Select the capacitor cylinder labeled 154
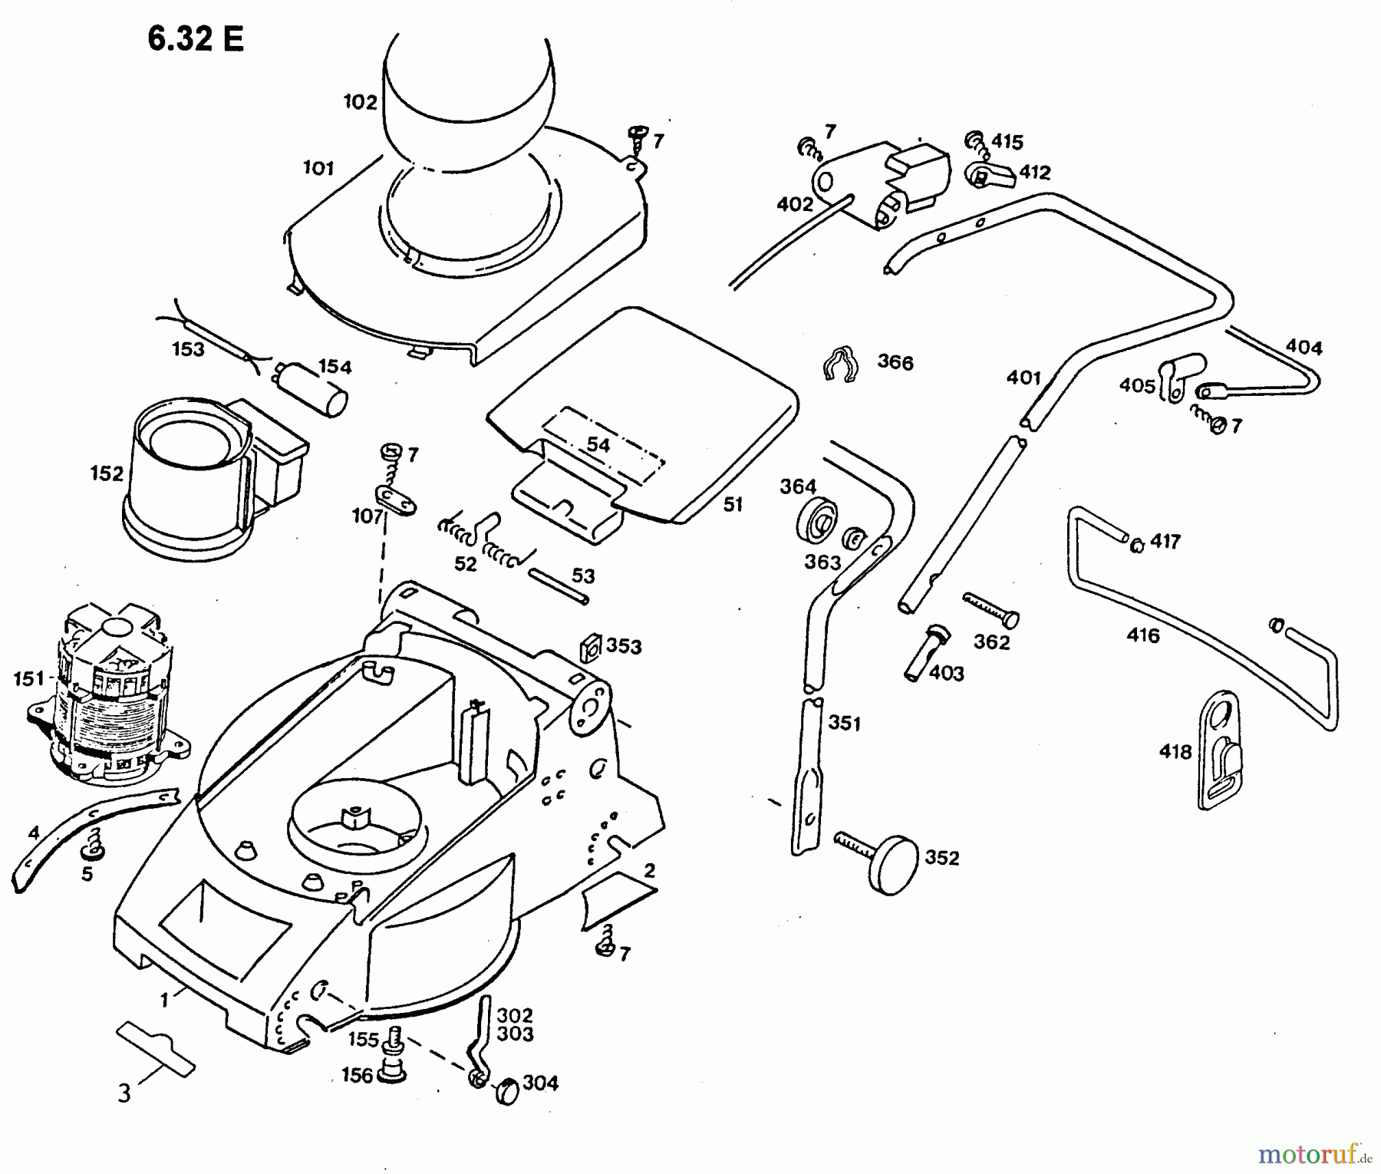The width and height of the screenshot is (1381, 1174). [x=323, y=389]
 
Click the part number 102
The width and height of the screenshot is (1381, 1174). [x=360, y=102]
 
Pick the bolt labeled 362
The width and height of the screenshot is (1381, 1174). [x=990, y=611]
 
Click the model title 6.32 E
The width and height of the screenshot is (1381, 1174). [x=196, y=38]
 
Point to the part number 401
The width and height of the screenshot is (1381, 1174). [x=1023, y=378]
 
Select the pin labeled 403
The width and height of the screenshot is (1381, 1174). [x=925, y=651]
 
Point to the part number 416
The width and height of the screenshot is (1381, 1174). [x=1143, y=635]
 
